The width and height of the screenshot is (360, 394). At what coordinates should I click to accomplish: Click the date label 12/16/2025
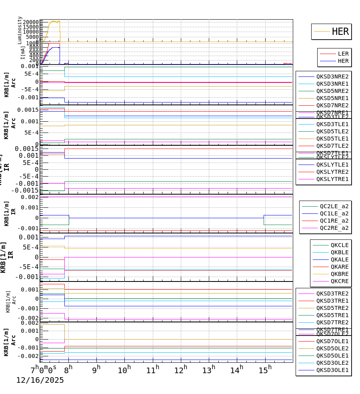[x=40, y=380]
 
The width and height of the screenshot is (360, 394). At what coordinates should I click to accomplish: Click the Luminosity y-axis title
[x=20, y=30]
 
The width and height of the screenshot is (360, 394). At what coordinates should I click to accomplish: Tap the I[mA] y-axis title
[x=22, y=52]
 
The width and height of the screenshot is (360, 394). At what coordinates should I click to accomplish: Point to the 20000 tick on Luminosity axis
[x=31, y=22]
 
